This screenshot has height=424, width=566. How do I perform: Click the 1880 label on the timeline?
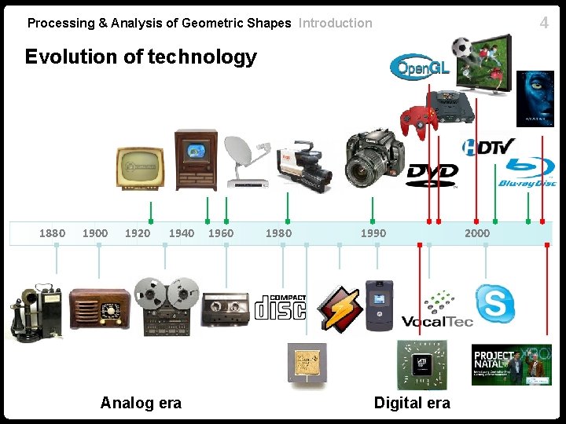click(53, 233)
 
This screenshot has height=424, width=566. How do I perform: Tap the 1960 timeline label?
click(221, 233)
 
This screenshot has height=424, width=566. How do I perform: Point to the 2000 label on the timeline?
click(477, 233)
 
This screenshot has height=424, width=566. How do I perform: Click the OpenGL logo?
click(421, 68)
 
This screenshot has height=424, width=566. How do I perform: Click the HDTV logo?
click(488, 146)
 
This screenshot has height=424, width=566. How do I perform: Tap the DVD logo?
click(432, 174)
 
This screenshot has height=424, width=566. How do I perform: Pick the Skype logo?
click(495, 303)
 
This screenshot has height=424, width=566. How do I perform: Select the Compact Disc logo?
click(280, 307)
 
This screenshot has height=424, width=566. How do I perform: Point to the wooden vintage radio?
click(99, 308)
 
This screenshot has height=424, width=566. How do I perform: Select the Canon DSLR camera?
click(375, 158)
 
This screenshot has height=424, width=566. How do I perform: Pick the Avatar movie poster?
click(535, 98)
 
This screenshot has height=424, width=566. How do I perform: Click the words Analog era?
click(141, 403)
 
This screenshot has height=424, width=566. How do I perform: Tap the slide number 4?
click(544, 23)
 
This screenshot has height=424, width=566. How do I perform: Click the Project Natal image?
click(511, 364)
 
